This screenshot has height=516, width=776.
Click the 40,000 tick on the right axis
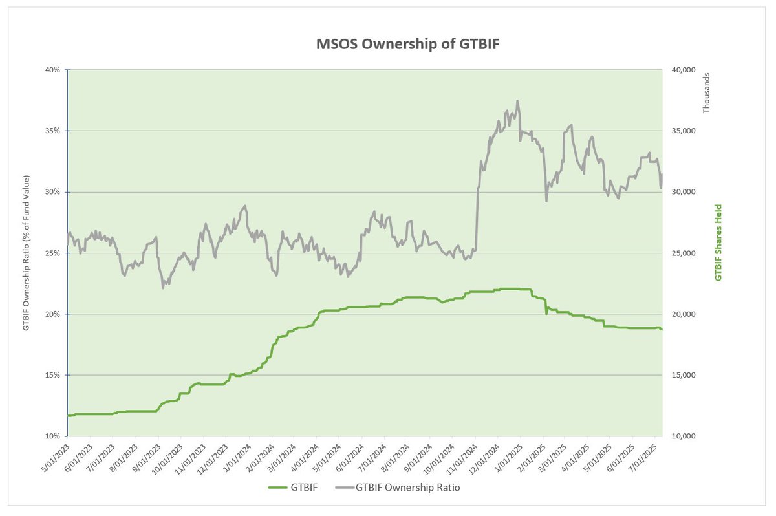point(680,70)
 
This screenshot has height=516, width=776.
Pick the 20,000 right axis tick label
point(680,314)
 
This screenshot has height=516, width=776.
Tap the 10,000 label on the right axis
point(680,436)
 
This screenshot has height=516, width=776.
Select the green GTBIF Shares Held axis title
point(718,242)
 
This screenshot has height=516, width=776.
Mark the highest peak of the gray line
point(517,101)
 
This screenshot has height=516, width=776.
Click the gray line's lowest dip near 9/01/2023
point(163,288)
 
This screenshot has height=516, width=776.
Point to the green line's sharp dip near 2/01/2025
point(546,314)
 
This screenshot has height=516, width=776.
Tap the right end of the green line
point(662,329)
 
